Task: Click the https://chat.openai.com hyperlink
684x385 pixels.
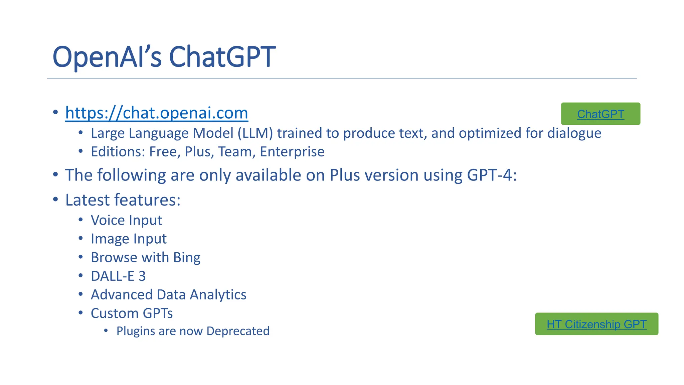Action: point(156,113)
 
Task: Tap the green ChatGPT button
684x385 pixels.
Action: point(600,114)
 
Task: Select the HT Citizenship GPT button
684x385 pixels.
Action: point(596,324)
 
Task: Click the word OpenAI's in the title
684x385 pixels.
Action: point(107,57)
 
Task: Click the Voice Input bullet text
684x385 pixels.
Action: point(126,220)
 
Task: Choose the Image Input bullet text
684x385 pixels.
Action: point(129,239)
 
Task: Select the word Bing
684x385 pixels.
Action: point(187,258)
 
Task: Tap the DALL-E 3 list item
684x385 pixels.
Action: point(118,276)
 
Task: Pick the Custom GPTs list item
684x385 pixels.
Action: point(132,313)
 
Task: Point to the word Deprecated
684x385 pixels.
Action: point(238,331)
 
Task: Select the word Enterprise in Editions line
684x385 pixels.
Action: point(292,152)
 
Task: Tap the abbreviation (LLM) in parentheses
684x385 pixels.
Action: point(255,133)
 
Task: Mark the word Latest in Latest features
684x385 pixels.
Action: point(88,200)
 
